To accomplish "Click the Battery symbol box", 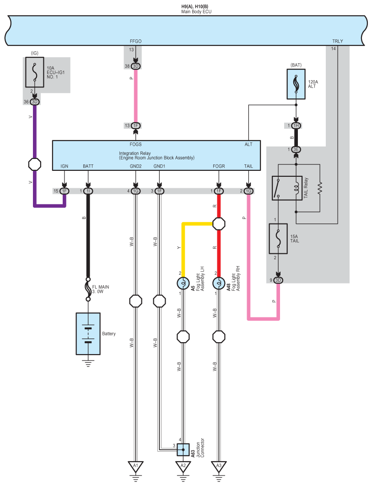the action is (x=88, y=333).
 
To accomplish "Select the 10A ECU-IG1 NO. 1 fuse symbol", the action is (x=35, y=72).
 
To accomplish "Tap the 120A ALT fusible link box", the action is (x=296, y=84).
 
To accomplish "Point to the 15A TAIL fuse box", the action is (x=278, y=239).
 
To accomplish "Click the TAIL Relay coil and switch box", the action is (x=287, y=188).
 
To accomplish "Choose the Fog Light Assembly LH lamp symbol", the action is (x=183, y=283).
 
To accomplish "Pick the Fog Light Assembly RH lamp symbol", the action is (x=219, y=283).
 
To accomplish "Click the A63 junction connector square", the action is (x=183, y=449).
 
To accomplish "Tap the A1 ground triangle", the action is (x=135, y=466).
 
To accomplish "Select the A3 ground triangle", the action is (x=219, y=466).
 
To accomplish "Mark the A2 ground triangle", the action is (x=183, y=466).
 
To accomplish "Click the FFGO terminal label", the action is (x=135, y=41).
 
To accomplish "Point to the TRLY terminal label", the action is (x=338, y=41).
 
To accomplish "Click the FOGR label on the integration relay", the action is (x=219, y=166).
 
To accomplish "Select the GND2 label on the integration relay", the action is (x=135, y=166).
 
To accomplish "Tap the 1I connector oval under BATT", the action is (x=88, y=191).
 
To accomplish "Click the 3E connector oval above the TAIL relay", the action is (x=296, y=149).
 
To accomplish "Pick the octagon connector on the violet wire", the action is (x=35, y=164).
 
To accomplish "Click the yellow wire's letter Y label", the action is (x=179, y=248).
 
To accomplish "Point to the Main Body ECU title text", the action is (x=196, y=11).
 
